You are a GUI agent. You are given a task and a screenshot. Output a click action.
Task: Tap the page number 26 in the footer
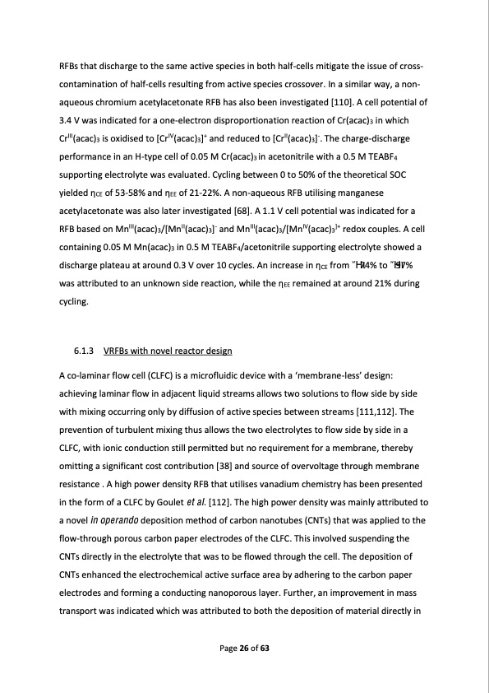click(x=244, y=649)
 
